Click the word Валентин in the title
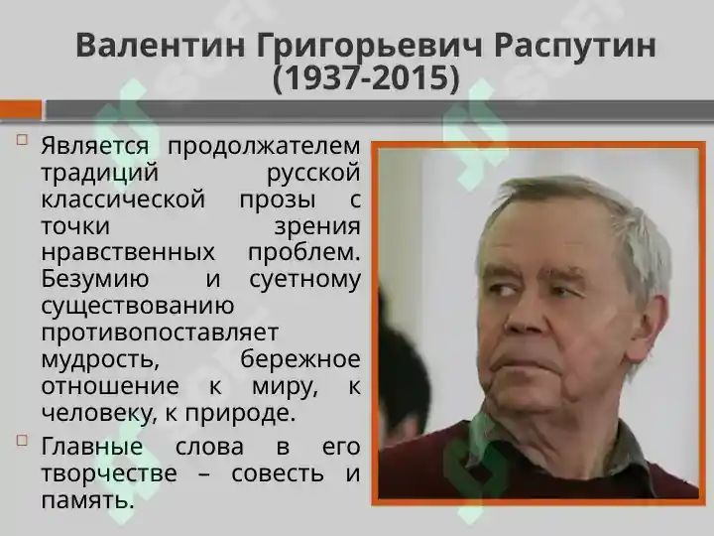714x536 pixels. click(x=161, y=45)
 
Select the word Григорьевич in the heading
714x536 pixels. click(x=369, y=47)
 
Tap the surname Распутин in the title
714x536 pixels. click(x=574, y=47)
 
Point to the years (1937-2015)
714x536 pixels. click(x=366, y=78)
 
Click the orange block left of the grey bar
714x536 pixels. click(x=21, y=110)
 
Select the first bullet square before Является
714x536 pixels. click(x=22, y=139)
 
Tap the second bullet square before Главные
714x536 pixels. click(x=22, y=441)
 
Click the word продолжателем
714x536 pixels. click(x=264, y=146)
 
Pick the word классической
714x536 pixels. click(x=123, y=200)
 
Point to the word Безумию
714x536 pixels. click(x=95, y=279)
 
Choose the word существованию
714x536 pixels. click(x=138, y=307)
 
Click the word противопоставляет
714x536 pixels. click(x=160, y=333)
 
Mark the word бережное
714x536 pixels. click(x=300, y=359)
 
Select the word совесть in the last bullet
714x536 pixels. click(x=278, y=473)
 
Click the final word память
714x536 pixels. click(x=87, y=500)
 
